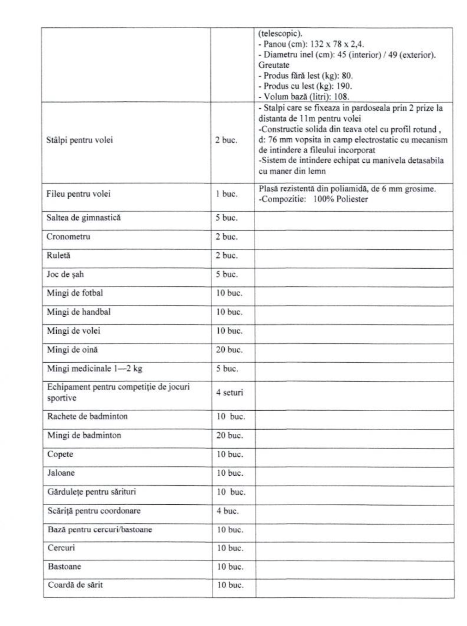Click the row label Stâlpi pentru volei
click(x=79, y=140)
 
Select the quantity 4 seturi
click(x=229, y=393)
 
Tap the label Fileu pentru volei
click(x=78, y=194)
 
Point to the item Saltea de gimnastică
click(x=84, y=218)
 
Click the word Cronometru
click(x=68, y=236)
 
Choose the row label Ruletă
click(x=59, y=255)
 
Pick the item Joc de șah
click(x=65, y=274)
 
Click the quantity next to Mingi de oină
click(x=229, y=350)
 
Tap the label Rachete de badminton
click(x=87, y=416)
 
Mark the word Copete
click(x=60, y=454)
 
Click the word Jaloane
click(x=61, y=473)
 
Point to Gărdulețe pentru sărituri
click(x=92, y=492)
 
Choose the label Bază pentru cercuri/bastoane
click(x=100, y=530)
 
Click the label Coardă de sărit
click(x=75, y=585)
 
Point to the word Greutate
click(x=274, y=65)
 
